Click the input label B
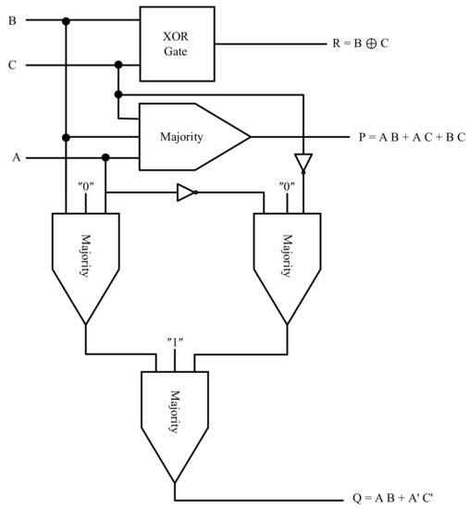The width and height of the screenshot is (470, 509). [x=12, y=19]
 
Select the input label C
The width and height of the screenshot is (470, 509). [x=12, y=65]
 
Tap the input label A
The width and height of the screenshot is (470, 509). [x=17, y=157]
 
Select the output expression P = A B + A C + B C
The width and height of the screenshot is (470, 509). [x=412, y=137]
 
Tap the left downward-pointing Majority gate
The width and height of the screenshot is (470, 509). [x=85, y=259]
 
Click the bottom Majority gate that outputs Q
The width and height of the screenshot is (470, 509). [x=173, y=416]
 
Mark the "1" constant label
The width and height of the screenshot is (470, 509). [x=174, y=345]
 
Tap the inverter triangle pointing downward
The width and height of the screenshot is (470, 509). [x=303, y=161]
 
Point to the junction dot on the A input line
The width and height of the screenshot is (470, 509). [x=105, y=157]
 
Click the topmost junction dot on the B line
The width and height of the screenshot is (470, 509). [x=66, y=19]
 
